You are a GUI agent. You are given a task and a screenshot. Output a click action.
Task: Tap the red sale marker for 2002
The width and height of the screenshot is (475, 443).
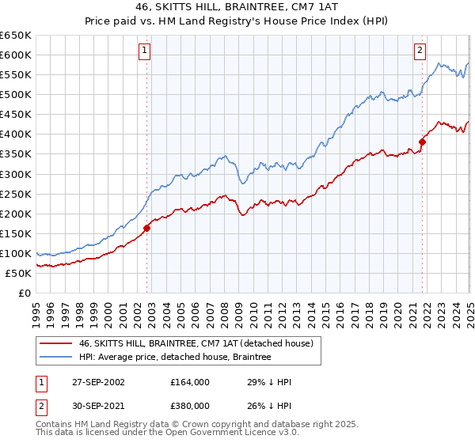click(x=147, y=228)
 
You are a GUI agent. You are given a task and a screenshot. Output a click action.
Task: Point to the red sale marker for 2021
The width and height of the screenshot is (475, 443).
click(x=422, y=142)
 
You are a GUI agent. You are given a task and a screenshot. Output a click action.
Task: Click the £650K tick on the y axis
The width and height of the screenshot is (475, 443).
click(x=16, y=36)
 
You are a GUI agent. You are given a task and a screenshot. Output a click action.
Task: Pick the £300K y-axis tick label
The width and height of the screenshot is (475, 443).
click(x=16, y=174)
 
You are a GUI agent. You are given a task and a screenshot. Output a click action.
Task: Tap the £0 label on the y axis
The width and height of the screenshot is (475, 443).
click(x=24, y=293)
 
